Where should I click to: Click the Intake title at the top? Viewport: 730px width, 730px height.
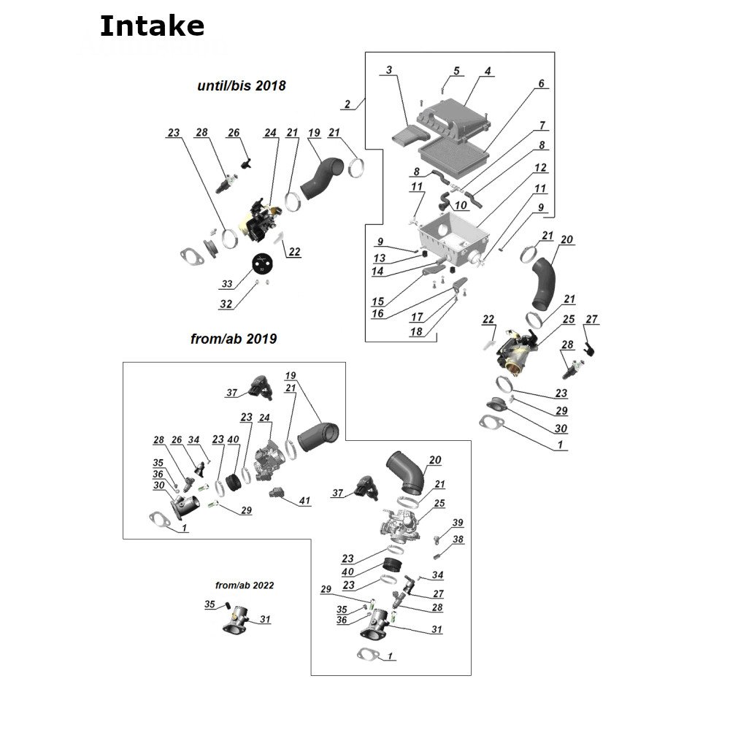[x=151, y=26]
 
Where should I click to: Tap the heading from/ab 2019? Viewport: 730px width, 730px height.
[x=231, y=339]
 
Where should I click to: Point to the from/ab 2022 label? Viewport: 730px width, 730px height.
[x=245, y=585]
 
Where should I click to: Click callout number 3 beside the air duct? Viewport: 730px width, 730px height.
[x=389, y=70]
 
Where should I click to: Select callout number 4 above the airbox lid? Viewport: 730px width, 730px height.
[x=487, y=72]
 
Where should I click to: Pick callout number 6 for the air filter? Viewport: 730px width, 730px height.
[x=541, y=84]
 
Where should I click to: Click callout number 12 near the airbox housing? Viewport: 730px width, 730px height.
[x=540, y=168]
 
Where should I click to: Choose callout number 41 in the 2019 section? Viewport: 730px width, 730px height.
[x=304, y=501]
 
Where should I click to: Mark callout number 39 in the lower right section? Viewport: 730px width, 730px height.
[x=458, y=522]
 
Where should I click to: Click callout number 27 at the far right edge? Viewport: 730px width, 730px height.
[x=591, y=319]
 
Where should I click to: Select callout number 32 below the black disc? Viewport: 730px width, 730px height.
[x=226, y=304]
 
